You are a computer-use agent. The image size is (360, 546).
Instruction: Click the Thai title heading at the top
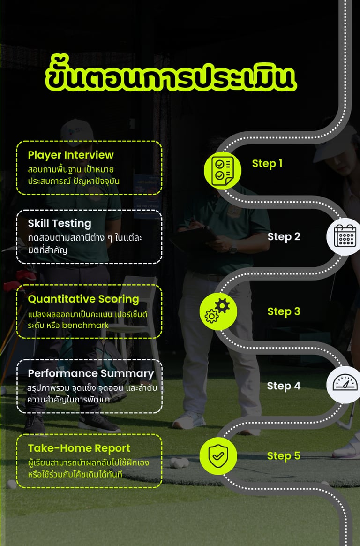point(171,78)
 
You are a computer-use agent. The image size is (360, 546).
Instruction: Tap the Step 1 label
point(267,163)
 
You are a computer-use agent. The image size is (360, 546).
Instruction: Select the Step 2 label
point(284,237)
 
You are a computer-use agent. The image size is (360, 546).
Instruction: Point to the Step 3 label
point(284,311)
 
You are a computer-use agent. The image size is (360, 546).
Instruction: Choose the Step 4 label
point(284,386)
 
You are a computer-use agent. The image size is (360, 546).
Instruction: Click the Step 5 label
point(284,456)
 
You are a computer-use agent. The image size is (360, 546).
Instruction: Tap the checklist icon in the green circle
point(223,170)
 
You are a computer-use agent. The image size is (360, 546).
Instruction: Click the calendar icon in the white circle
point(345,236)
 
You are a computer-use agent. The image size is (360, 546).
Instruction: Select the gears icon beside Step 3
point(218,312)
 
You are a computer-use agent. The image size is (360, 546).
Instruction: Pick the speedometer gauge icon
point(345,384)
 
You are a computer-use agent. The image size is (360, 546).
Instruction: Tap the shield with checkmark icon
point(218,456)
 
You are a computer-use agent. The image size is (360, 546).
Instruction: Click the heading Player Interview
point(71,155)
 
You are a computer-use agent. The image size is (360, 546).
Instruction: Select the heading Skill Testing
point(60,223)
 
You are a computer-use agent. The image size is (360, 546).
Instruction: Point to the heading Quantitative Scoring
point(83,299)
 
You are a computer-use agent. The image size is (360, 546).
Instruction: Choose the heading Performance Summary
point(91,373)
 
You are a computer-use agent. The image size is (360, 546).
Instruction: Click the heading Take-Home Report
point(79,448)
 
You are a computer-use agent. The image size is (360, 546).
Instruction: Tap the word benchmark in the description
point(85,325)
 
